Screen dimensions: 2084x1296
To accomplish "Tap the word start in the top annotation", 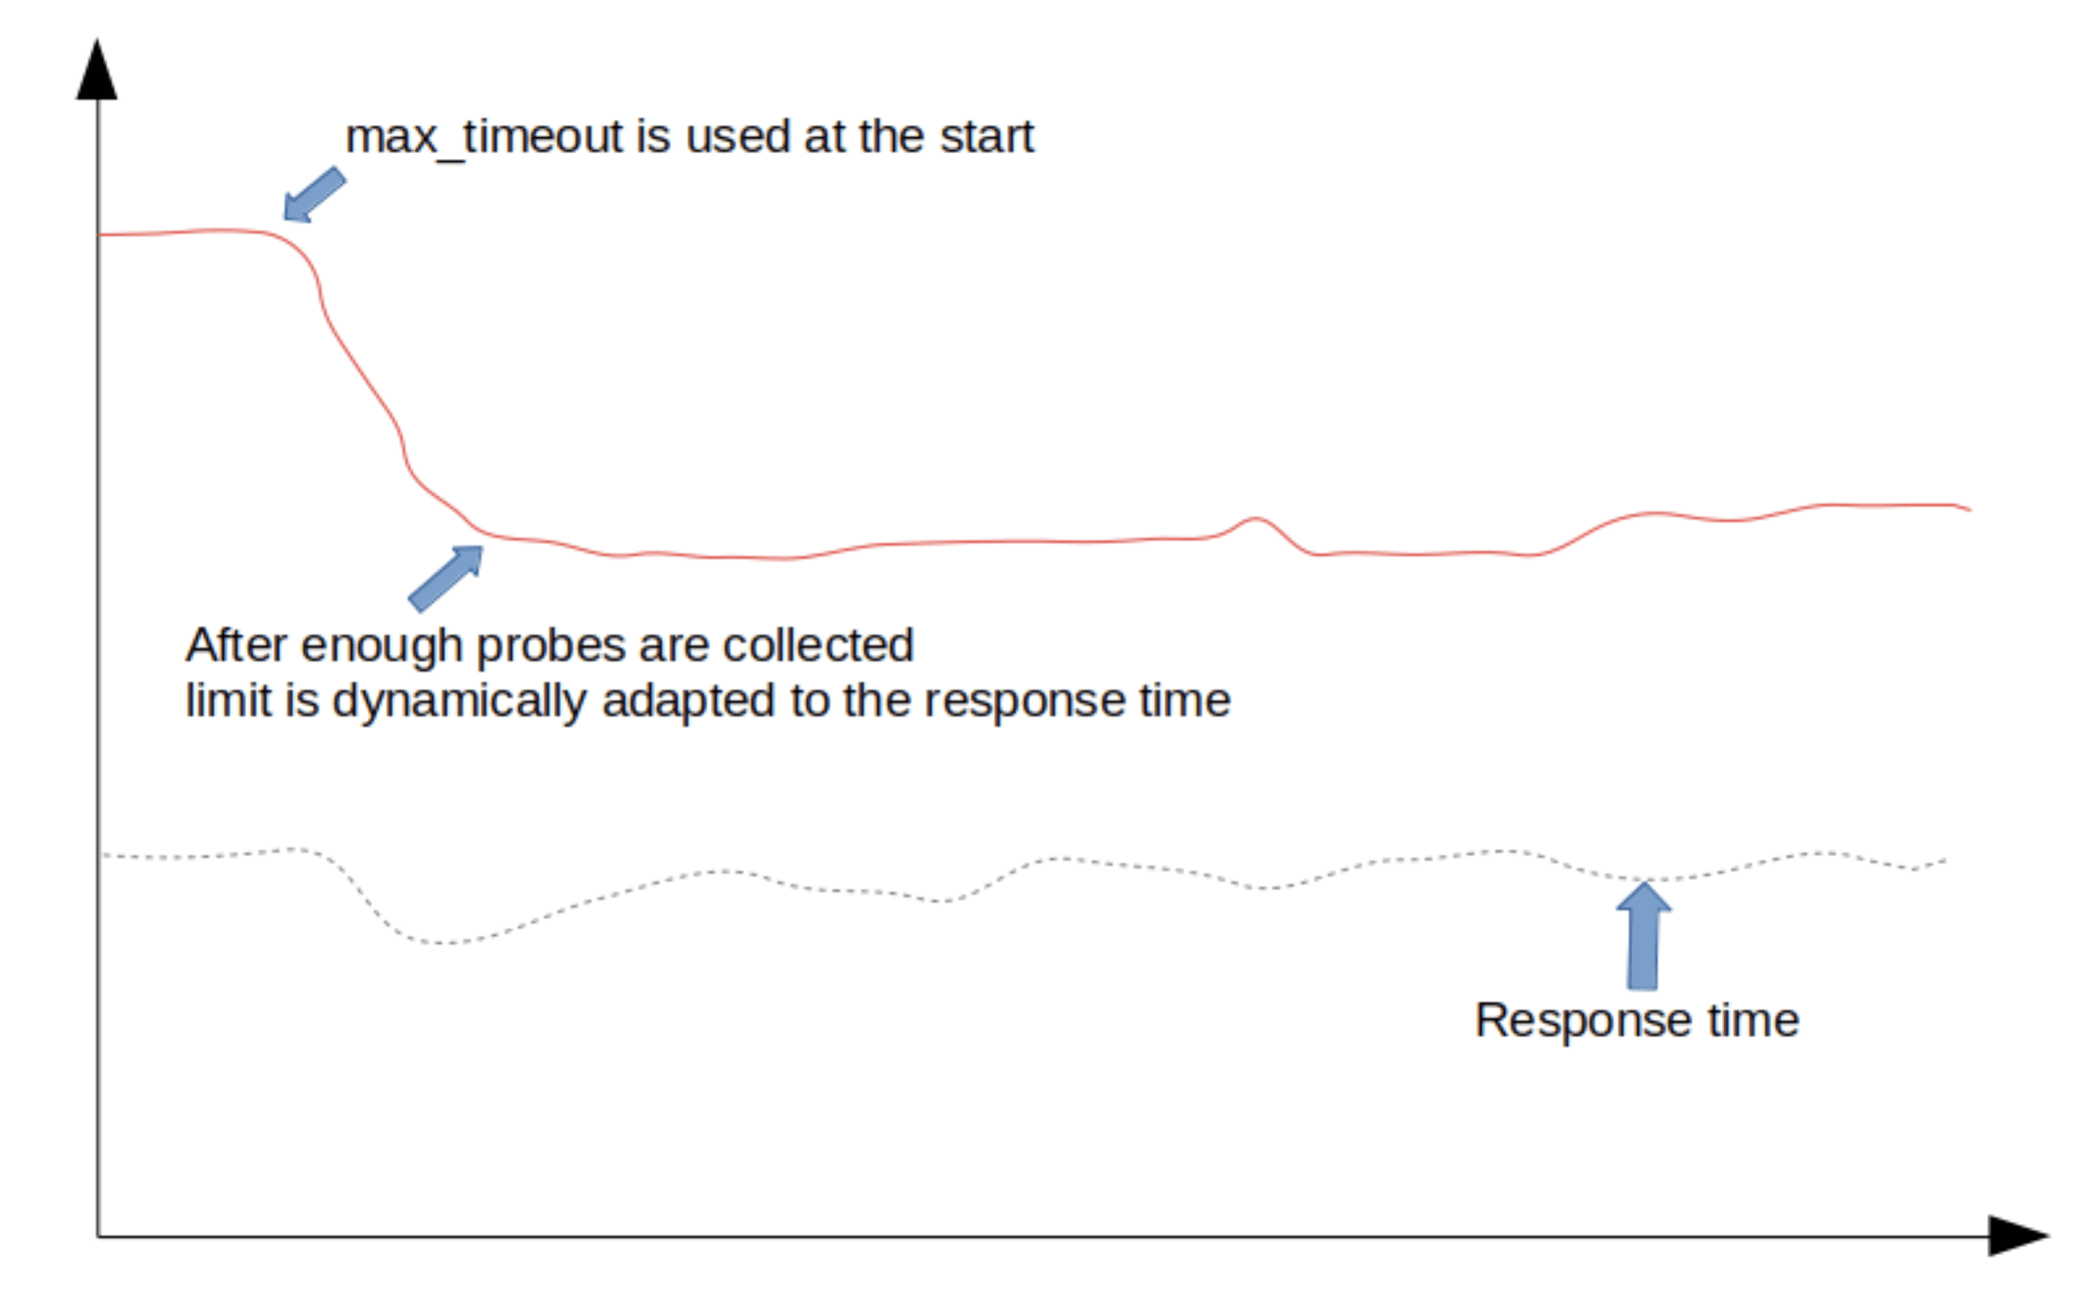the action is (987, 137).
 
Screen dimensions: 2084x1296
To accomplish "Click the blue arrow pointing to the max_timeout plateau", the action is (314, 195).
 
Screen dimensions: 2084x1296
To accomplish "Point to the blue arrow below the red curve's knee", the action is (445, 579).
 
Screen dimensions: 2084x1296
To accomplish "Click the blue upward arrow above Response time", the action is (1643, 936).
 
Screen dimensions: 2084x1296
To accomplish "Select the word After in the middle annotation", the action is (236, 646).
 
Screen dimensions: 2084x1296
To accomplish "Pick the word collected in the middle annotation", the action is (818, 646).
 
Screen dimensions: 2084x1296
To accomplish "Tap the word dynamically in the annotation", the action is (460, 702).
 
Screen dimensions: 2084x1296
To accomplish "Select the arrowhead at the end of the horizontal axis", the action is (2018, 1236).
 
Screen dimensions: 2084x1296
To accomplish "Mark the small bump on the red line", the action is (1256, 519).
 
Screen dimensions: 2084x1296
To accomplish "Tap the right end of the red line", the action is (1970, 509).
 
